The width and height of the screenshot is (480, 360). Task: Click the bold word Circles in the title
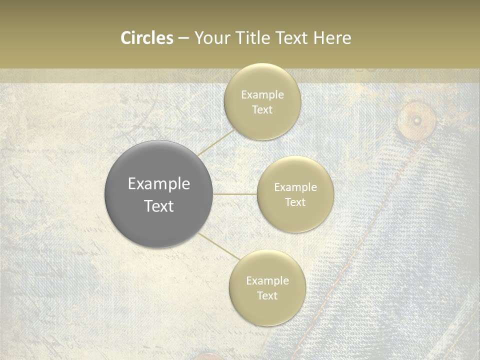coord(147,38)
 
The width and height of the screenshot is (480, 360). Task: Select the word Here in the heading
coord(332,38)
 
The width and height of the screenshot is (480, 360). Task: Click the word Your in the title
coord(212,38)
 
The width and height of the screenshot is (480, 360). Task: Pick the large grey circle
coord(158,194)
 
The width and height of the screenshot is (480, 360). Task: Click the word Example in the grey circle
coord(158,184)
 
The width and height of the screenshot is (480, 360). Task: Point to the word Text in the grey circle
coord(158,206)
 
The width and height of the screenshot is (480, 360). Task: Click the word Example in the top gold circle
coord(262,94)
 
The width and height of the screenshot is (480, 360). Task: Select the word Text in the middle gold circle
coord(295,202)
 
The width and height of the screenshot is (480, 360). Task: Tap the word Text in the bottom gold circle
coord(267,295)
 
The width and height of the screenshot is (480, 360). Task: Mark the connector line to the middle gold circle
coord(234,194)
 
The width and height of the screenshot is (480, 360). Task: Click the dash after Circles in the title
coord(183,38)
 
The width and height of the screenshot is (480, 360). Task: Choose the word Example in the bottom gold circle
coord(267,280)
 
